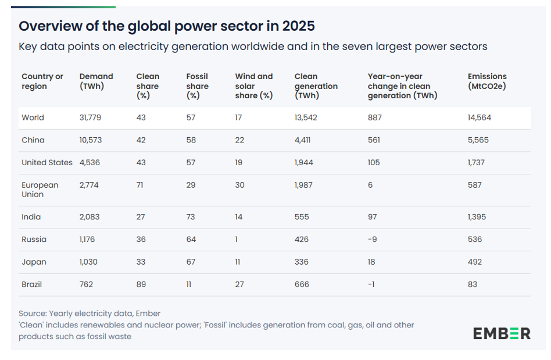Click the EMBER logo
(502, 333)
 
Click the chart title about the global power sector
(167, 26)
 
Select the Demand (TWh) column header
(96, 81)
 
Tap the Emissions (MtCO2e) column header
(487, 81)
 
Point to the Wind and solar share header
(254, 86)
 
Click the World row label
(33, 117)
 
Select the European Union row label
(40, 190)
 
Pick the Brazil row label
(31, 284)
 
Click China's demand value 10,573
(91, 140)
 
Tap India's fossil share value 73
(191, 216)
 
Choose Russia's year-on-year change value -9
(372, 239)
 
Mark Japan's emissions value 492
(475, 262)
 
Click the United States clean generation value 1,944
(303, 162)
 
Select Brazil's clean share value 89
(141, 284)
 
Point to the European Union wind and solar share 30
(239, 185)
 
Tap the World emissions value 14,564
(480, 117)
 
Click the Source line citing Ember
(90, 313)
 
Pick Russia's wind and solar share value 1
(237, 239)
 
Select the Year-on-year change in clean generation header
(402, 86)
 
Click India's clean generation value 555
(302, 216)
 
